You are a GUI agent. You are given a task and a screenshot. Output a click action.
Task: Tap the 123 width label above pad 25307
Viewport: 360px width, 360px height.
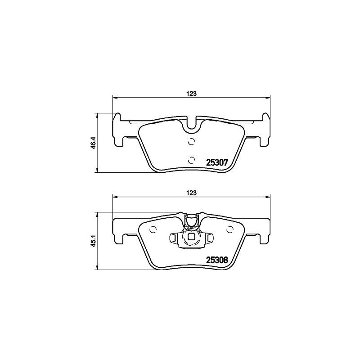[192, 94]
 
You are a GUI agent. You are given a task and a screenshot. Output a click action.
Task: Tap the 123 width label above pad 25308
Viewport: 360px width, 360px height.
[192, 192]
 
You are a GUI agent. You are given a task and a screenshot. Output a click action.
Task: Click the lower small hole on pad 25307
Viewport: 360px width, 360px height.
[191, 159]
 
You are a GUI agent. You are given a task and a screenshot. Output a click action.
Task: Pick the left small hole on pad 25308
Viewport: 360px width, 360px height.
[153, 229]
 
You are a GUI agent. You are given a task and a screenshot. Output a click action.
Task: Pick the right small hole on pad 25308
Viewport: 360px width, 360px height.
[231, 229]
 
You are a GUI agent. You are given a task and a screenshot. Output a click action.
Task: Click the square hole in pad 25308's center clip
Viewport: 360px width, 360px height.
[191, 238]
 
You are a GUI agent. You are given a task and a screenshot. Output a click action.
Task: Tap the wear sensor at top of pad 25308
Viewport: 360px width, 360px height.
[191, 220]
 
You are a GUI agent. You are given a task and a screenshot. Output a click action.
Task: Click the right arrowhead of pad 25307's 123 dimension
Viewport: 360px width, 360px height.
[268, 97]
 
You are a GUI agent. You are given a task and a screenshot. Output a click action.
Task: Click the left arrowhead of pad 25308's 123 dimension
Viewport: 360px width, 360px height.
[114, 196]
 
